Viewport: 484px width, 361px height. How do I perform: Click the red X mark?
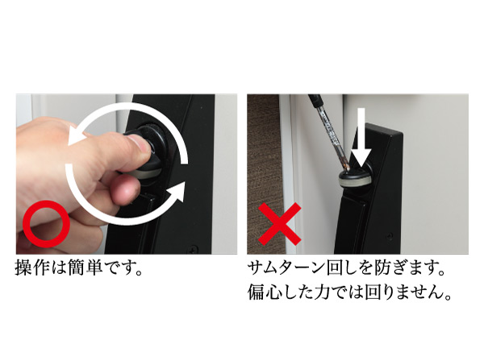click(278, 223)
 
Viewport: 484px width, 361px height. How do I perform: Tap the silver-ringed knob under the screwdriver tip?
click(354, 179)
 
